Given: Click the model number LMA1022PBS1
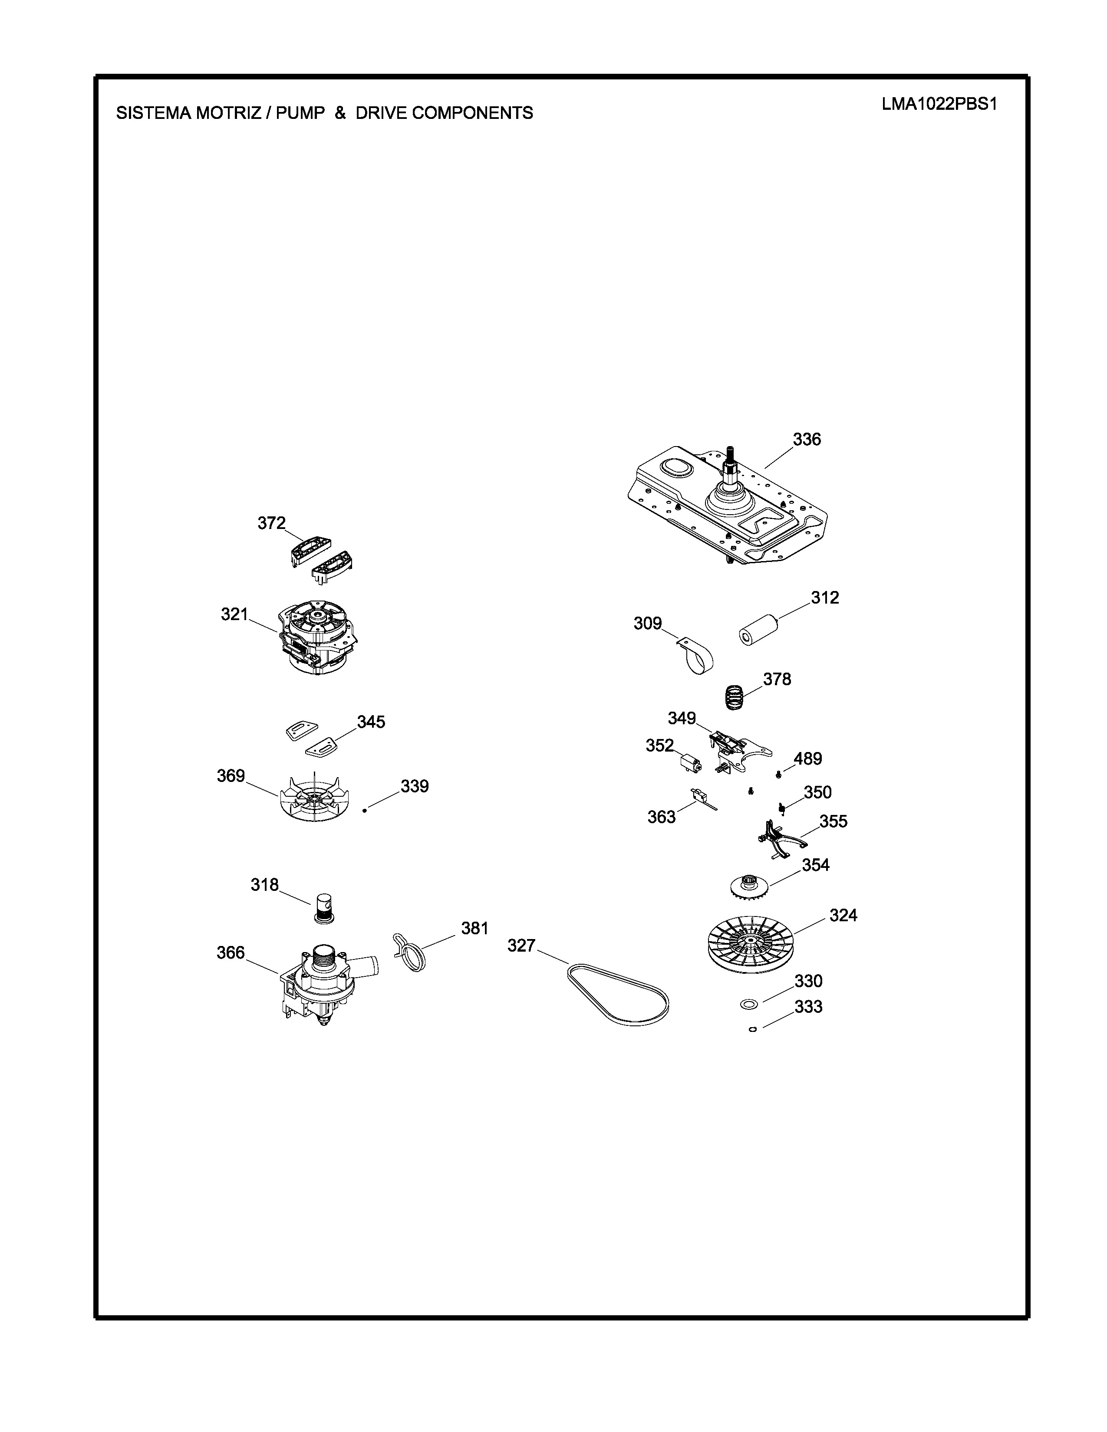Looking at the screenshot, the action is point(939,105).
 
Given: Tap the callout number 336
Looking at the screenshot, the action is point(807,439).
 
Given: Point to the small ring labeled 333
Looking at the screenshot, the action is point(753,1029).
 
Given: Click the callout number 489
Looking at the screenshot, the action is point(808,759).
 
